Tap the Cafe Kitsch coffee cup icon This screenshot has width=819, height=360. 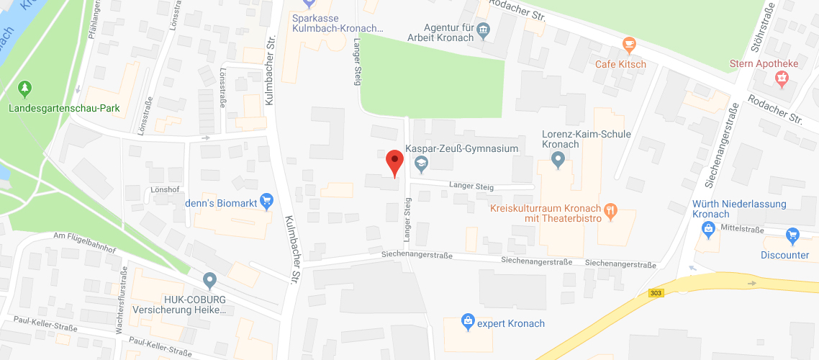click(x=630, y=46)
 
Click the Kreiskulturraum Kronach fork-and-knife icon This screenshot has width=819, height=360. click(x=611, y=210)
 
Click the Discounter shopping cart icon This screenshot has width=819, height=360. click(x=792, y=235)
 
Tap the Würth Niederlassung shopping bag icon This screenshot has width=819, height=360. click(x=708, y=229)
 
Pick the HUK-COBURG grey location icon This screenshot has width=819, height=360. click(x=209, y=279)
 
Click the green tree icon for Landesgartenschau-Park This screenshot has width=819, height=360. click(x=25, y=89)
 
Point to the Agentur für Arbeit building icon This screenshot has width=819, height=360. click(x=484, y=32)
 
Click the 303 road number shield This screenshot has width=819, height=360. click(x=654, y=292)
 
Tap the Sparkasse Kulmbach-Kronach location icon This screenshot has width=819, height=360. click(x=309, y=3)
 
